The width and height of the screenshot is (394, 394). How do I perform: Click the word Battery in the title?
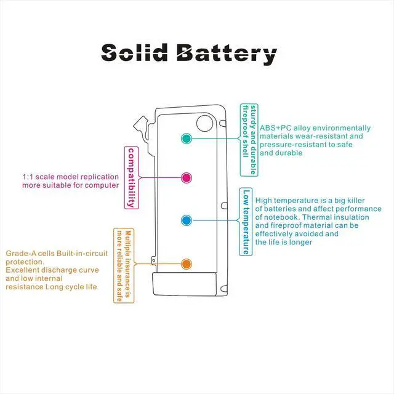pos(225,54)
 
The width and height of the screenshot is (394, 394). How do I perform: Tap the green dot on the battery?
pos(187,139)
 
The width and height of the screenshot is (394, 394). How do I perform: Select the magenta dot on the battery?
pos(187,178)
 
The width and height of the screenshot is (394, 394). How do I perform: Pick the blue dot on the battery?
pos(187,220)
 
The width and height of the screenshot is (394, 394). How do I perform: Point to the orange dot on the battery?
pos(187,263)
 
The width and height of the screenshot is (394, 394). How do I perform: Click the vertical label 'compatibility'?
pos(131,177)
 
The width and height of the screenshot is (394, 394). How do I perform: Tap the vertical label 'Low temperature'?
pos(246,221)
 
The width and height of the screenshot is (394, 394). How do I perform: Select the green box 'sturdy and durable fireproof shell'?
pos(248,139)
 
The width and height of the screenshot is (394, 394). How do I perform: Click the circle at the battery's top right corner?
pos(204,124)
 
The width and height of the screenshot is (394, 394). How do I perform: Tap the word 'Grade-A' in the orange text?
pos(22,254)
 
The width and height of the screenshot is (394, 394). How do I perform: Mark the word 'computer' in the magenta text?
pos(101,185)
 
